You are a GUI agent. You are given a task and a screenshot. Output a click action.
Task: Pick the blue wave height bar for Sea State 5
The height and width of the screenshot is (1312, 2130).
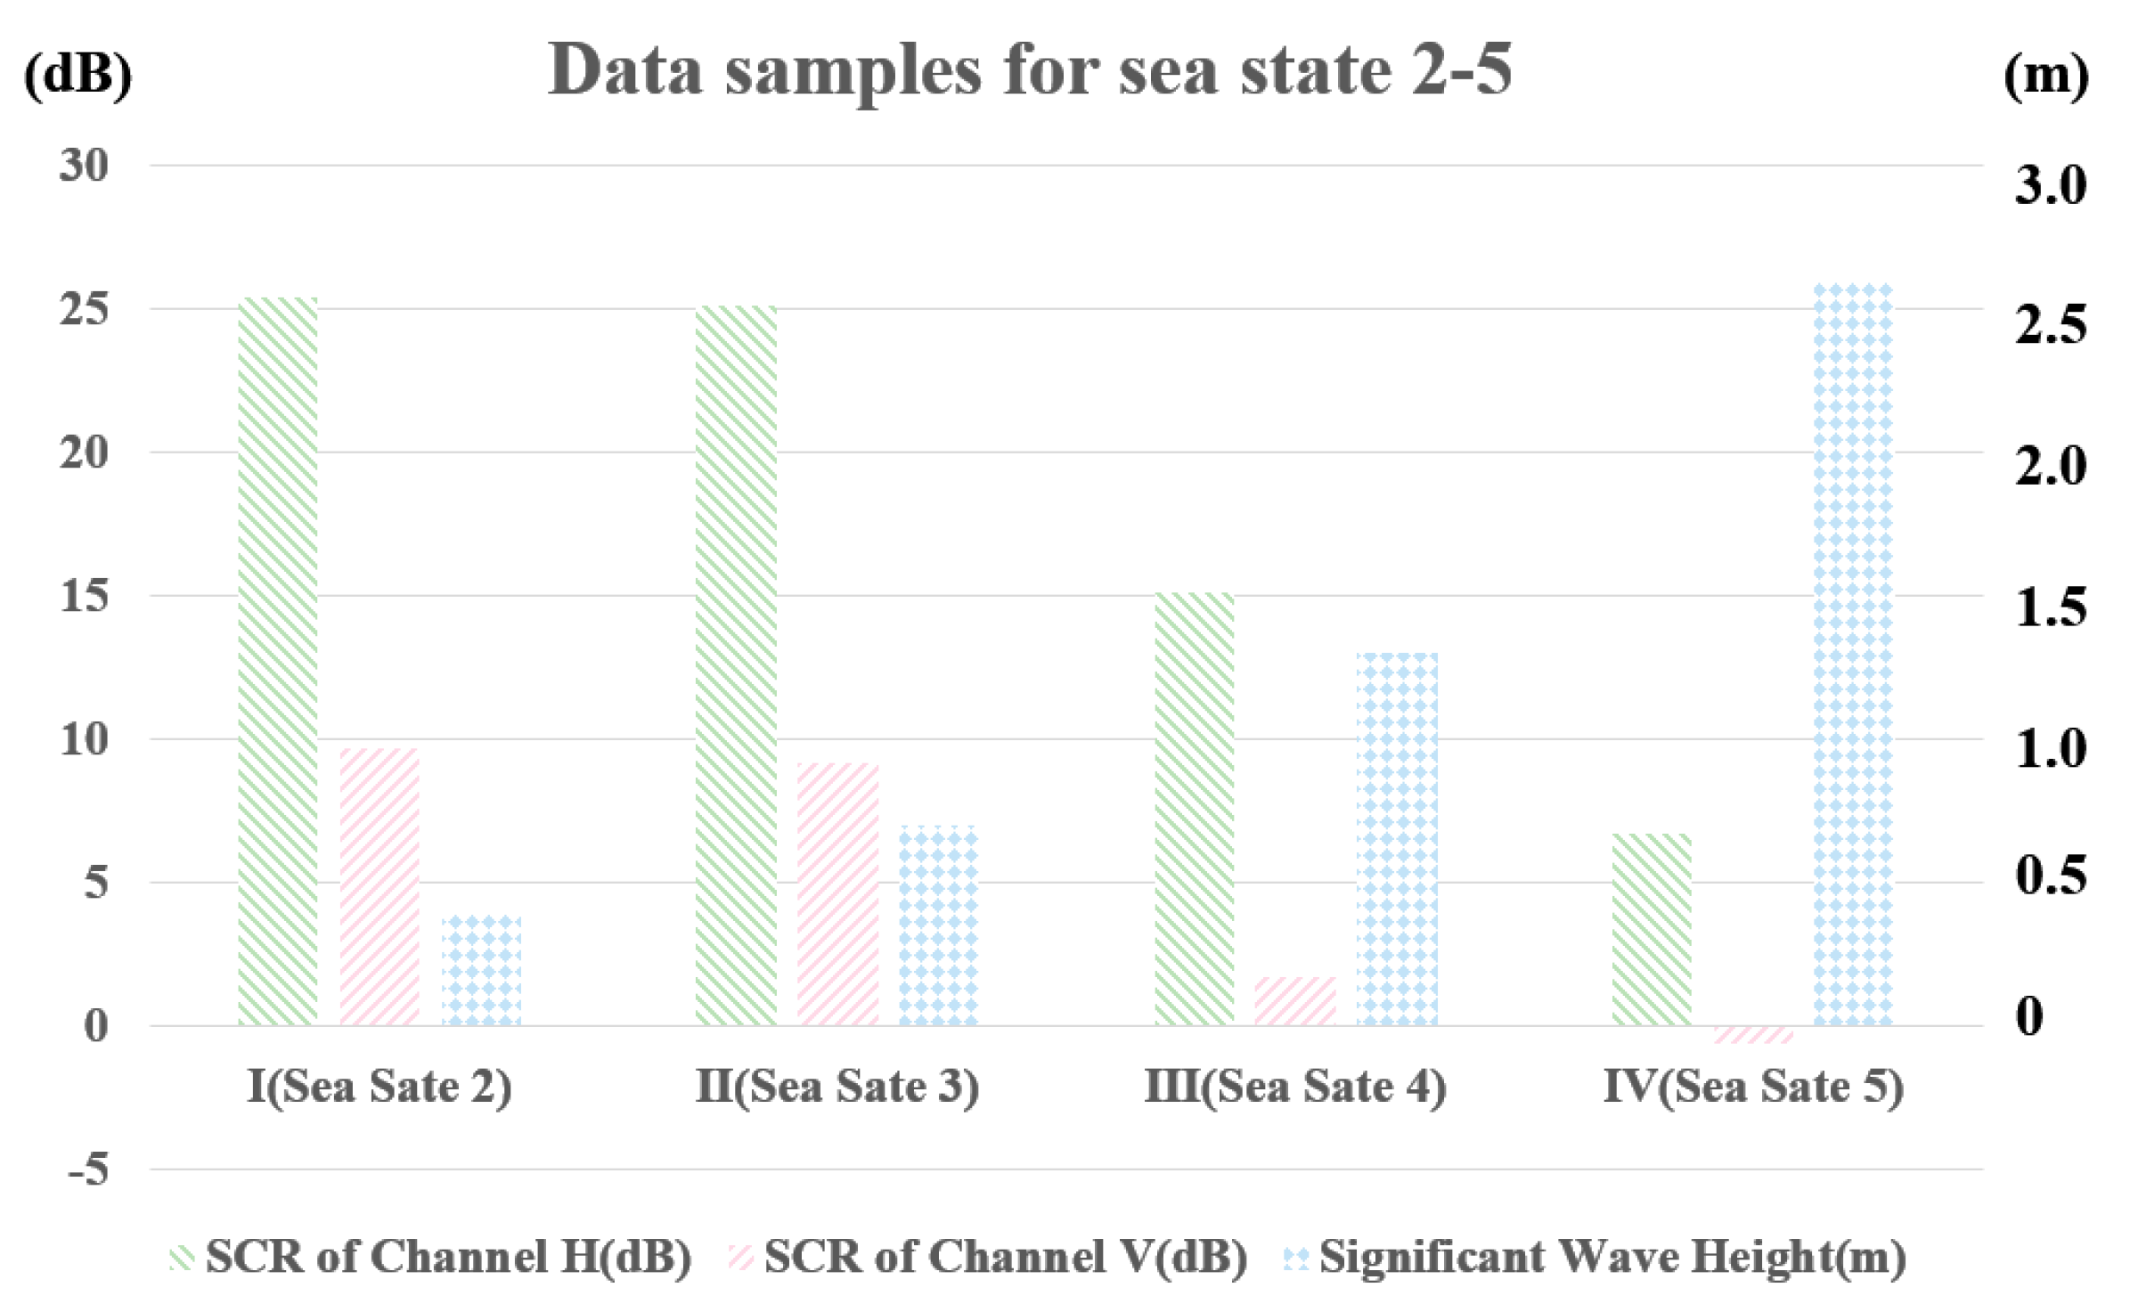(1853, 655)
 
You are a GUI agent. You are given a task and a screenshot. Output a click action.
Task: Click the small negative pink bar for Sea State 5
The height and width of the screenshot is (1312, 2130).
(1752, 1034)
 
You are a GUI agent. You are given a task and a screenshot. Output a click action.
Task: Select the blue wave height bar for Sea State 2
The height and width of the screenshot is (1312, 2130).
(482, 971)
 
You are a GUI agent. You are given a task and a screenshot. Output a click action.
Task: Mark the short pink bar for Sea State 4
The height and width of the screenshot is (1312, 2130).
(1295, 1001)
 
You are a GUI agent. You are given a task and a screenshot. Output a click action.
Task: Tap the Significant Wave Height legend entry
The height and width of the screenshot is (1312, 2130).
(1595, 1257)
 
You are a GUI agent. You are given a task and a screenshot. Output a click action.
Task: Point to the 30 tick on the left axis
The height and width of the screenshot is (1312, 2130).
(84, 166)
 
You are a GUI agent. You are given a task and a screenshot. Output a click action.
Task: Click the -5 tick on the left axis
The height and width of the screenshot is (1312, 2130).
(88, 1169)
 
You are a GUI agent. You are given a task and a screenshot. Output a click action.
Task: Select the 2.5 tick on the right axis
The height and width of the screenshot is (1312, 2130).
(2051, 325)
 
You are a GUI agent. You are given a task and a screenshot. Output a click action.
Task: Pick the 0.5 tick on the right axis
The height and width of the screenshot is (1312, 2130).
(2051, 875)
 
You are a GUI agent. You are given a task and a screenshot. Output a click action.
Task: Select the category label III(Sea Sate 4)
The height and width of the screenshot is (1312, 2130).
(1295, 1086)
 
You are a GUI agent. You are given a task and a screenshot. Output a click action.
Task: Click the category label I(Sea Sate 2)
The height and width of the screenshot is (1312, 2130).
(379, 1086)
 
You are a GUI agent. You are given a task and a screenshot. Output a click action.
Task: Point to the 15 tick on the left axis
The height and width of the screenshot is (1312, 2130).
(84, 596)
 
